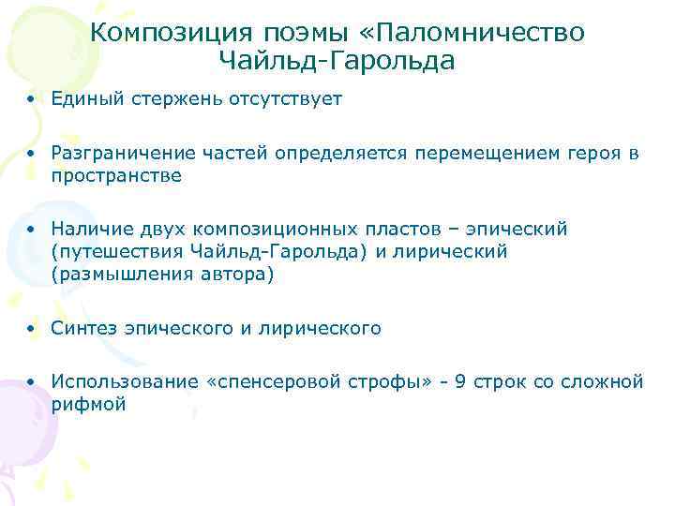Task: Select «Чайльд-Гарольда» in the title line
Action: (x=337, y=62)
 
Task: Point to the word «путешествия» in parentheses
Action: (x=116, y=252)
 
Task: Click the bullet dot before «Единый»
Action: (x=32, y=99)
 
